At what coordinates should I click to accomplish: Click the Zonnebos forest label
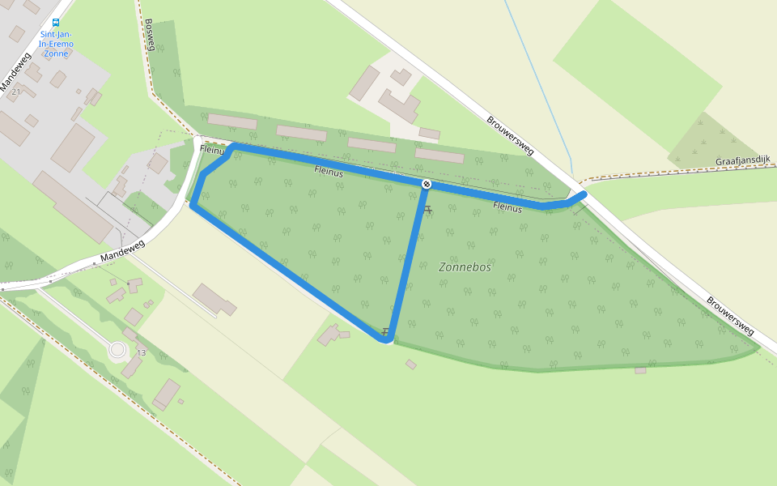(465, 266)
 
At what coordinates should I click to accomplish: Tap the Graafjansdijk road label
(742, 162)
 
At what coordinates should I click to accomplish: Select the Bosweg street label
(149, 36)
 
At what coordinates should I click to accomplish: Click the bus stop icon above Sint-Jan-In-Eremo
(55, 23)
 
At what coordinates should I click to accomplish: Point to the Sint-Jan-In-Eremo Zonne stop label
(55, 44)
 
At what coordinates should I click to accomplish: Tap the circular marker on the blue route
(426, 184)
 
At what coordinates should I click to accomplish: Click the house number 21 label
(15, 92)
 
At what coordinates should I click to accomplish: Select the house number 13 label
(142, 352)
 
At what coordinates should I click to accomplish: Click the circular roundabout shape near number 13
(118, 350)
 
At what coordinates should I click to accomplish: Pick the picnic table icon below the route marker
(428, 210)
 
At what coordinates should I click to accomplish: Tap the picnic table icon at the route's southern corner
(386, 331)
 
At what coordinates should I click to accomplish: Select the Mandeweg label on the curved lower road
(122, 251)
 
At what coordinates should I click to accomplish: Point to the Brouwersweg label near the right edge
(730, 316)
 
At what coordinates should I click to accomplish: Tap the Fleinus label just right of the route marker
(507, 207)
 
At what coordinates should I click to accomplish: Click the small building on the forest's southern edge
(640, 370)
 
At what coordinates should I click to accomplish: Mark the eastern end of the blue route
(584, 194)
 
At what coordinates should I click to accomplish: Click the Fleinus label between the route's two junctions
(329, 172)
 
